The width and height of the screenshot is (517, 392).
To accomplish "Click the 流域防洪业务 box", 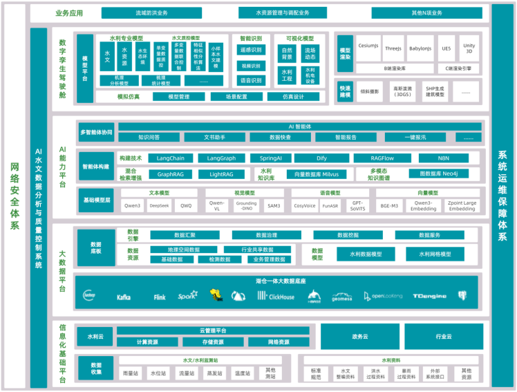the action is (152, 13).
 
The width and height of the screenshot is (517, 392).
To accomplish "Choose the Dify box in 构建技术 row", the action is (322, 158).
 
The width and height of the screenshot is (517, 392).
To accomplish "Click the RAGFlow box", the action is (382, 158).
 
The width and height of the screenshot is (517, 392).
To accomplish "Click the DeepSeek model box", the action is (159, 205).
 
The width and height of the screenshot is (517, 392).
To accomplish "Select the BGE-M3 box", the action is (388, 205).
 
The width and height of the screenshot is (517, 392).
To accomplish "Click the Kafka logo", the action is (124, 296).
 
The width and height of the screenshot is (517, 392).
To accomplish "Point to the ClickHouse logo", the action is (276, 296).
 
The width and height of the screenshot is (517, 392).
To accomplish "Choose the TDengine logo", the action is (429, 296).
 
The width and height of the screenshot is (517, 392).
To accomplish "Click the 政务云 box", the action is (359, 337).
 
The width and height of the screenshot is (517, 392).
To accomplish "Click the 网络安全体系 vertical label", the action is (15, 196).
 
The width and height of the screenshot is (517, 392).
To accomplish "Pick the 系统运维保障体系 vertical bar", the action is (502, 196).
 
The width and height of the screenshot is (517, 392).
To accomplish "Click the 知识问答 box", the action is (149, 137).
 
